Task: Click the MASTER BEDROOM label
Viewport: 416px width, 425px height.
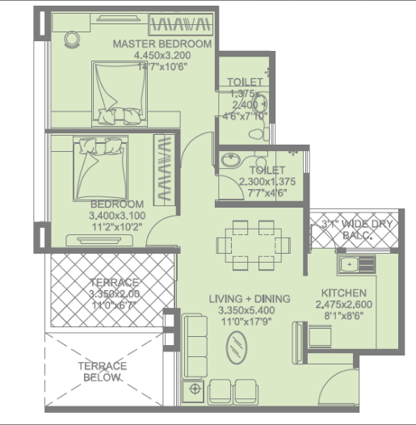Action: tap(162, 44)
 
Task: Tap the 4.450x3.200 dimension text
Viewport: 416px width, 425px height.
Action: tap(162, 55)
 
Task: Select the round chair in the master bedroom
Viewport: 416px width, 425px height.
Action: tap(72, 40)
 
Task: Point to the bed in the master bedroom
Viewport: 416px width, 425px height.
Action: tap(120, 94)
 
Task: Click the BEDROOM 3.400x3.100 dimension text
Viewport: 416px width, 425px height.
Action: tap(117, 216)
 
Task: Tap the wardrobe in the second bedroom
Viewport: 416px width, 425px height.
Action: tap(164, 170)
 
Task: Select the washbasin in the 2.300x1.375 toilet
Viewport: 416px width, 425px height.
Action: tap(231, 159)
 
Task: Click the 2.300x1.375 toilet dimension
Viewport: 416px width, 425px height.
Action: tap(267, 181)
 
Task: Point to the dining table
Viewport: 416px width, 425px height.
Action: tap(253, 246)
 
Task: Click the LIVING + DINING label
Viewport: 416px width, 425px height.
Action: tap(250, 299)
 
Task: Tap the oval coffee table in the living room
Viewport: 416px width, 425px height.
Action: tap(237, 347)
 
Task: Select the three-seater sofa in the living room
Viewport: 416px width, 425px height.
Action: tap(195, 346)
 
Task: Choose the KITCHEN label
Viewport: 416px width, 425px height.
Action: tap(343, 292)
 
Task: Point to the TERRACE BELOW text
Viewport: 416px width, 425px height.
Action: tap(102, 372)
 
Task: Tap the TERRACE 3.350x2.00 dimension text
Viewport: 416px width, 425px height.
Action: tap(114, 293)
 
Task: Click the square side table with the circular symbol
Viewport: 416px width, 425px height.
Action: tap(193, 391)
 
